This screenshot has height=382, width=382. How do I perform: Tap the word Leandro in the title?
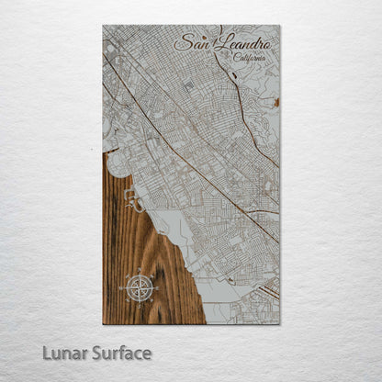click(x=239, y=43)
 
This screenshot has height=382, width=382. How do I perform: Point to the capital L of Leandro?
click(x=217, y=42)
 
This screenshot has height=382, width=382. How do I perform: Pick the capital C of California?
click(x=237, y=58)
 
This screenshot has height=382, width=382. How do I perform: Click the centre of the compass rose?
click(x=140, y=288)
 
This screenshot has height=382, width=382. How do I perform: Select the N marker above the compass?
click(x=140, y=271)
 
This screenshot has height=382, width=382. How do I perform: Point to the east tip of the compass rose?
click(x=157, y=288)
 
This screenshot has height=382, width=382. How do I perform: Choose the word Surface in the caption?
click(x=119, y=354)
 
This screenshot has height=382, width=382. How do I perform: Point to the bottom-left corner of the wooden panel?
click(x=103, y=323)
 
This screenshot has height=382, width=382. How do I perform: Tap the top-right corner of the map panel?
click(x=280, y=25)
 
